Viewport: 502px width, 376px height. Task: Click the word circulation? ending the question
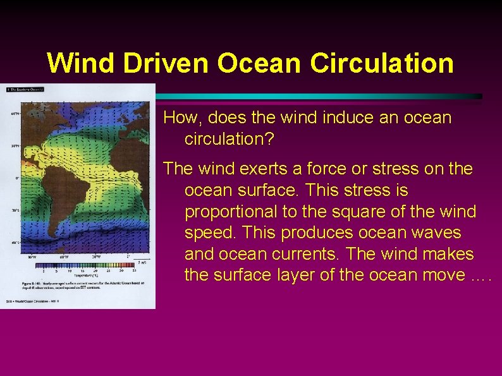point(229,139)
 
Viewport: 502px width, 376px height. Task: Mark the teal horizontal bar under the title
point(316,96)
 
